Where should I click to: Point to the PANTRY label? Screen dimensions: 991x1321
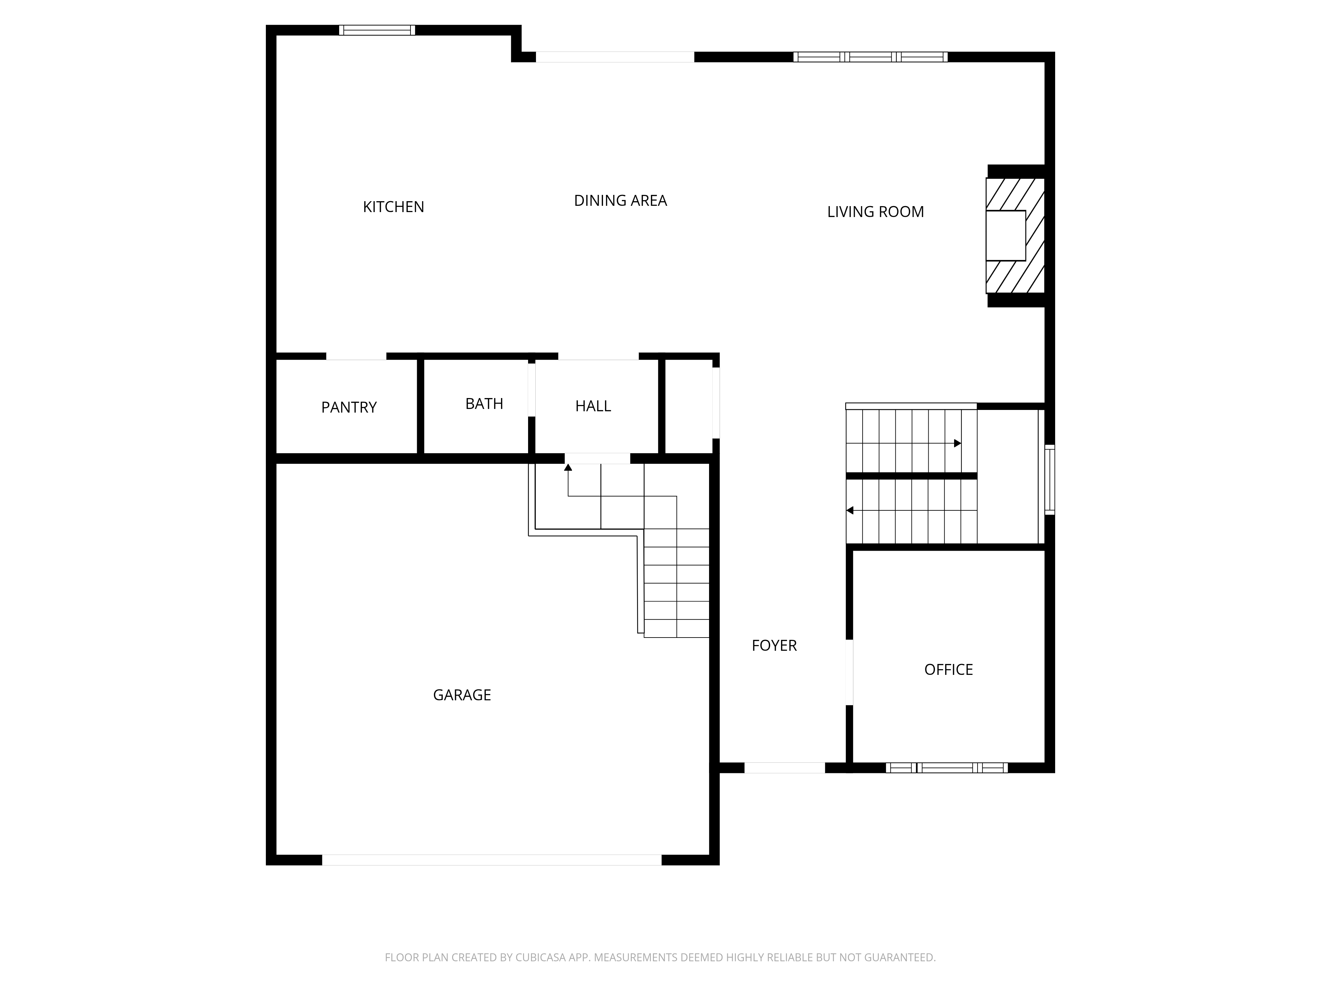[x=349, y=407]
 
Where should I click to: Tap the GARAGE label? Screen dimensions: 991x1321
[x=462, y=695]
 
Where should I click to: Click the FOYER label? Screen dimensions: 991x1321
[x=774, y=645]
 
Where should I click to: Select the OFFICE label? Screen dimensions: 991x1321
[x=948, y=670]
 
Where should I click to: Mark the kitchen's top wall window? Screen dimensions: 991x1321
[x=377, y=30]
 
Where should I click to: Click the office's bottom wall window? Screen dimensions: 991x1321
[x=946, y=768]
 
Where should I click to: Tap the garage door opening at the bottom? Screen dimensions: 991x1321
[x=491, y=860]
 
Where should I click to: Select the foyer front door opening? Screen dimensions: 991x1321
[x=784, y=768]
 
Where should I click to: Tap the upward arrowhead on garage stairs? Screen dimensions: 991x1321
[x=568, y=467]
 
